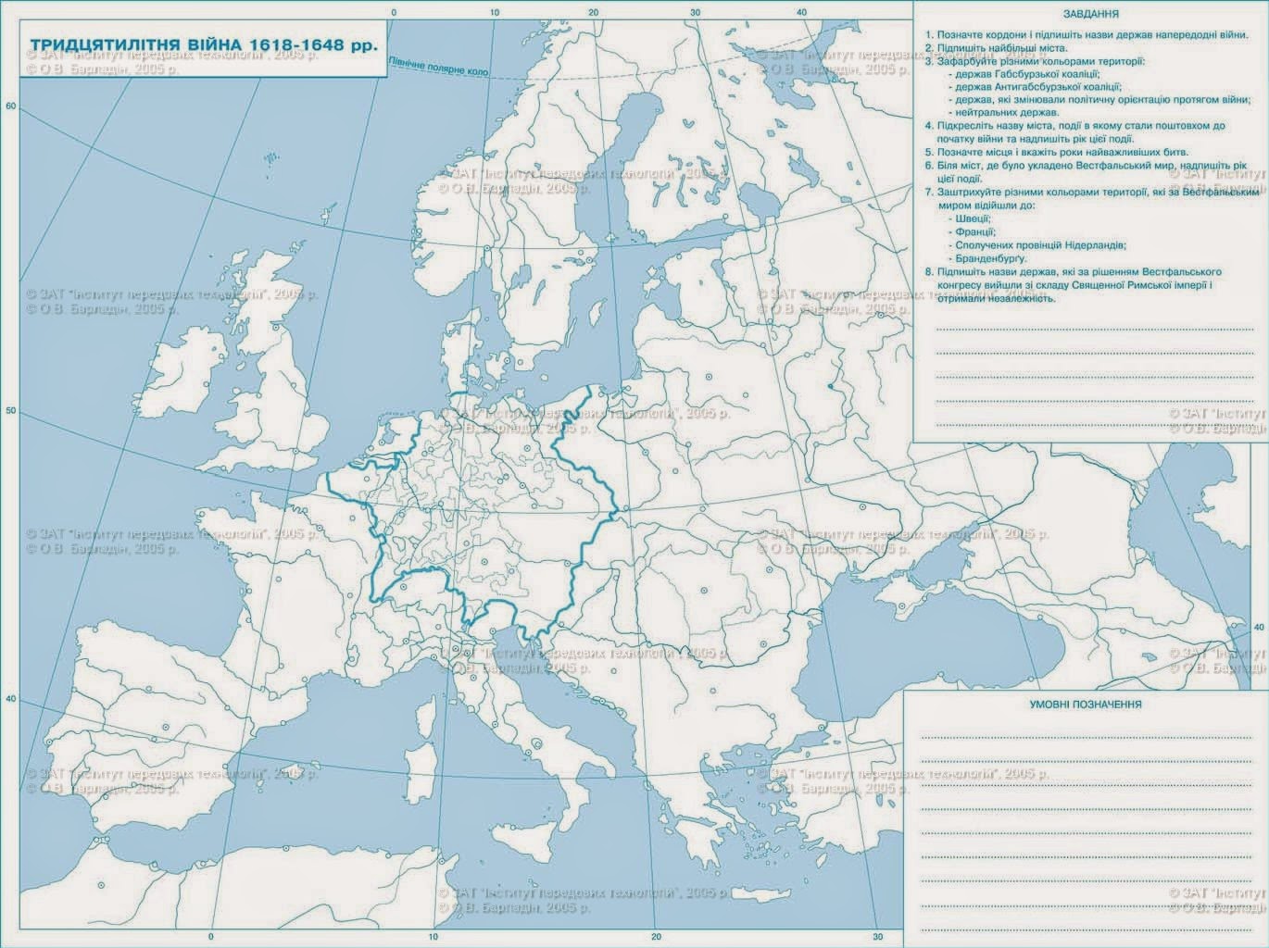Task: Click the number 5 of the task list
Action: [x=929, y=152]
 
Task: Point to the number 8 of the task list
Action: [x=929, y=272]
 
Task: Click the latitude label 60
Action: [x=11, y=106]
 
